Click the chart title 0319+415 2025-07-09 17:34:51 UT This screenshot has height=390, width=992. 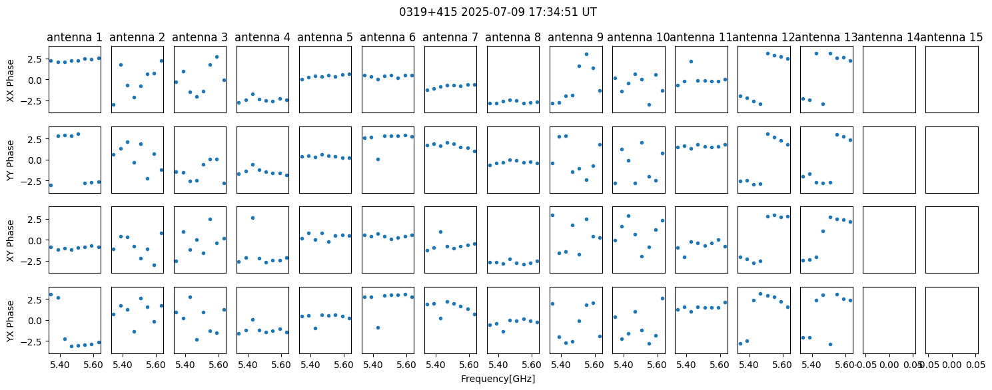pos(498,12)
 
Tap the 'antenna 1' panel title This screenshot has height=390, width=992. pos(75,37)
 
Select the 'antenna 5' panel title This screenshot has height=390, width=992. pos(325,37)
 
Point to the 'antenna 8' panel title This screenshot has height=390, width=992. pos(513,37)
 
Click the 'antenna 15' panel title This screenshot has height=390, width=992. pos(951,37)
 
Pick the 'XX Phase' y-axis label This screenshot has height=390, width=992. pos(11,81)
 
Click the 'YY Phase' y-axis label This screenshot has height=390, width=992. pos(11,160)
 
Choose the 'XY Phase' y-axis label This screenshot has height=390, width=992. pos(11,240)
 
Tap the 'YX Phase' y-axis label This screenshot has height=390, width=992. pos(11,321)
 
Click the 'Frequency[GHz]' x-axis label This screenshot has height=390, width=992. pos(498,379)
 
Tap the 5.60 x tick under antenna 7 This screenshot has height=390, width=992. pos(469,365)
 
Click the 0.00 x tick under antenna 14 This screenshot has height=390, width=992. pos(889,365)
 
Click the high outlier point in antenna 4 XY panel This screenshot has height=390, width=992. pos(252,218)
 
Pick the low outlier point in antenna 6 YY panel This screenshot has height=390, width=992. pos(378,159)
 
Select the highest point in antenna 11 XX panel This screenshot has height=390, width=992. pos(691,61)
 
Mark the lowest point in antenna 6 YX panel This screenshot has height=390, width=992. pos(378,327)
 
